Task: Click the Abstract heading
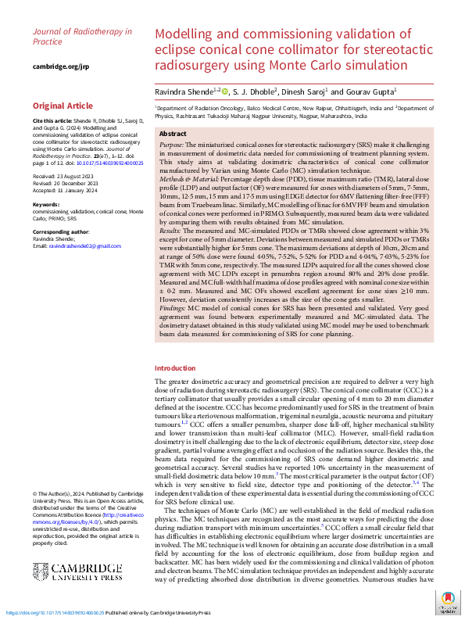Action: click(x=174, y=134)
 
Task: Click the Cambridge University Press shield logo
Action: click(x=42, y=549)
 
